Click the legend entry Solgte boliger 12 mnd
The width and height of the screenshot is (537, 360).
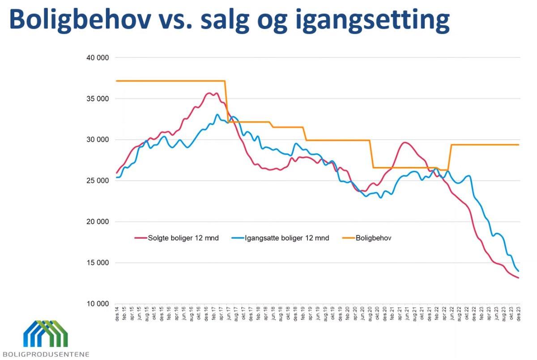pos(183,238)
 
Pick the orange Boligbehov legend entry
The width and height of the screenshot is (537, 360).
pos(373,238)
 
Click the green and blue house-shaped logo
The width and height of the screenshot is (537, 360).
pos(45,334)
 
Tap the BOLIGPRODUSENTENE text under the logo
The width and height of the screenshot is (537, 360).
pos(45,354)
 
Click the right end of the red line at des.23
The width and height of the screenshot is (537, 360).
pos(518,278)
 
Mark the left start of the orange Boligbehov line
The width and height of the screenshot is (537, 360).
pos(117,81)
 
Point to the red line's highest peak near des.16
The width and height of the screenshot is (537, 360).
pos(209,93)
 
